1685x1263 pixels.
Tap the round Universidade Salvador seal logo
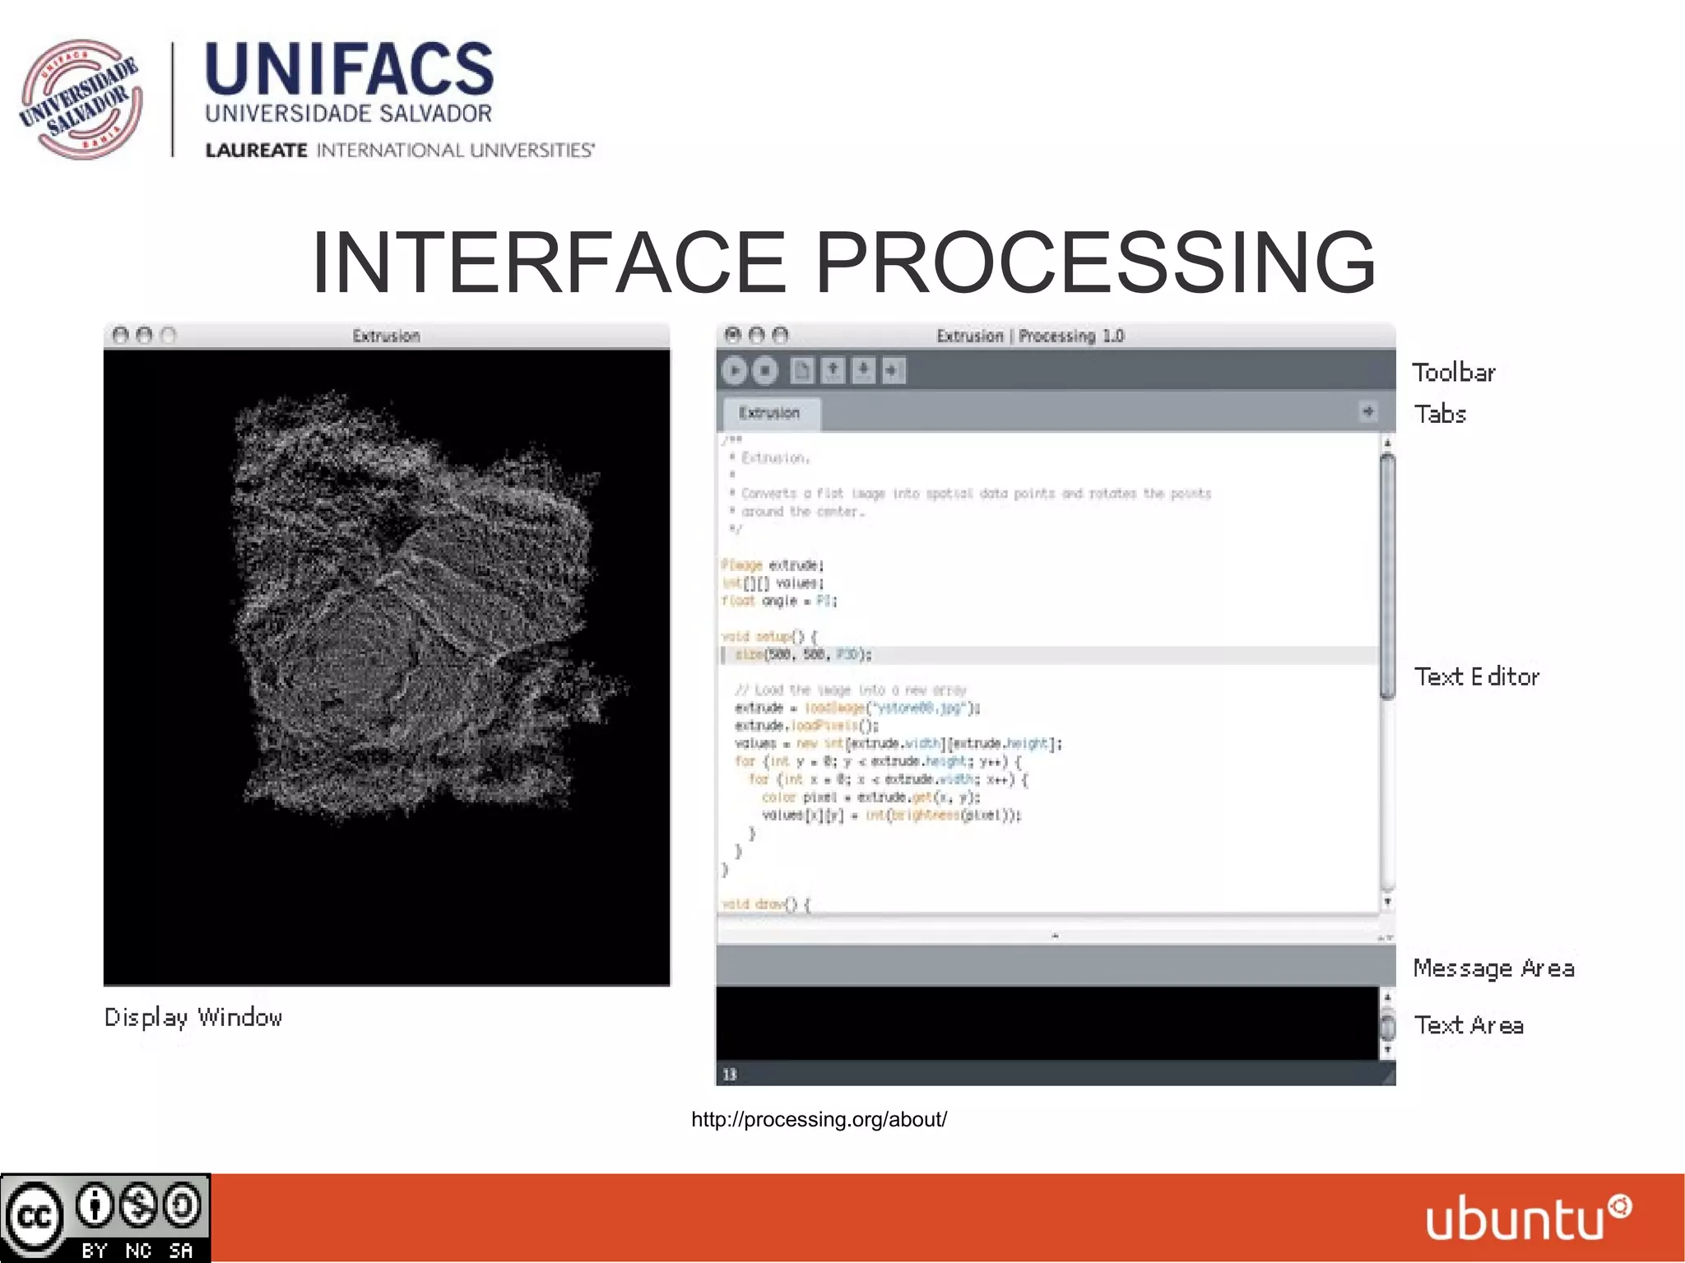pyautogui.click(x=81, y=99)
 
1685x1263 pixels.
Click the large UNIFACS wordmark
pyautogui.click(x=349, y=69)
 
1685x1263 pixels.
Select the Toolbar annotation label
pyautogui.click(x=1453, y=373)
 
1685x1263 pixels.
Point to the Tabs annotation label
pyautogui.click(x=1440, y=414)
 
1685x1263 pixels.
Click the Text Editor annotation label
pyautogui.click(x=1476, y=676)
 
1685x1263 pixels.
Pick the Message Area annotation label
pyautogui.click(x=1493, y=968)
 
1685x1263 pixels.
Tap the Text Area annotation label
pyautogui.click(x=1469, y=1025)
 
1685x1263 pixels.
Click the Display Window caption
pyautogui.click(x=193, y=1018)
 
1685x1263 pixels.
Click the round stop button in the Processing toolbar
pyautogui.click(x=765, y=371)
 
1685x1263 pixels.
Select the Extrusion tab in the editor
pyautogui.click(x=770, y=413)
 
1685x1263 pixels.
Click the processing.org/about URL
pyautogui.click(x=819, y=1119)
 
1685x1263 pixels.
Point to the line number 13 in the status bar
pyautogui.click(x=730, y=1074)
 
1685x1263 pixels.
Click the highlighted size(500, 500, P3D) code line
pyautogui.click(x=802, y=655)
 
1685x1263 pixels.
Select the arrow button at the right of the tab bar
pyautogui.click(x=1367, y=411)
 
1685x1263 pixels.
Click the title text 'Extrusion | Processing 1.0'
pyautogui.click(x=1030, y=336)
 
